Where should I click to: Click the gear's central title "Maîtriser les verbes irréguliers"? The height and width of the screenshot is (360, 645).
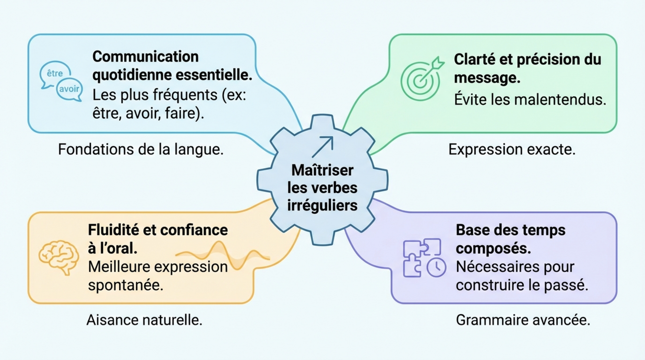click(x=322, y=188)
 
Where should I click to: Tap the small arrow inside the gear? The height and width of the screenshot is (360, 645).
click(x=322, y=146)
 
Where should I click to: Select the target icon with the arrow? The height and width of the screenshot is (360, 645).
click(x=419, y=78)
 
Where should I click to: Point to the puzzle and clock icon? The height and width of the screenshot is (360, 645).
click(x=424, y=258)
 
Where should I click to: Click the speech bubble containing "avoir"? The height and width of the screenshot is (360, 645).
click(x=70, y=89)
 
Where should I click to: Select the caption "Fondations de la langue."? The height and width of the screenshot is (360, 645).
click(x=141, y=149)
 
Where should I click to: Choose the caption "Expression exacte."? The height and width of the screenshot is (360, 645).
click(x=512, y=150)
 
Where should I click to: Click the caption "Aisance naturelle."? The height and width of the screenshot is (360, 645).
click(x=144, y=320)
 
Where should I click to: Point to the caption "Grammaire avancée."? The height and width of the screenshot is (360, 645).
click(x=523, y=320)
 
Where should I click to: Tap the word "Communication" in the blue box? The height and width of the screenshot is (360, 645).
click(x=145, y=56)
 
